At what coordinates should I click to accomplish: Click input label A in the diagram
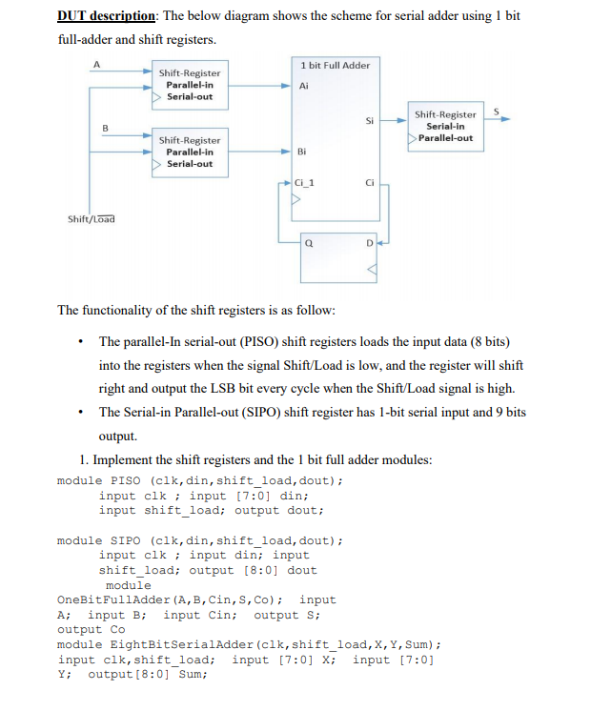(95, 65)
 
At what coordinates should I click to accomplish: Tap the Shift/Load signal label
(91, 218)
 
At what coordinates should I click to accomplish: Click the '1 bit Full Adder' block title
(335, 65)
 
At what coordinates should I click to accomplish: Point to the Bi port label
(302, 152)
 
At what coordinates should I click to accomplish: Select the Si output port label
(369, 120)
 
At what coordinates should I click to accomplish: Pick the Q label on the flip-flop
(311, 243)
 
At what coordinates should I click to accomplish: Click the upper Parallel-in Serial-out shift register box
(189, 85)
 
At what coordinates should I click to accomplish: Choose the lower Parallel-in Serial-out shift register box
(189, 151)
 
